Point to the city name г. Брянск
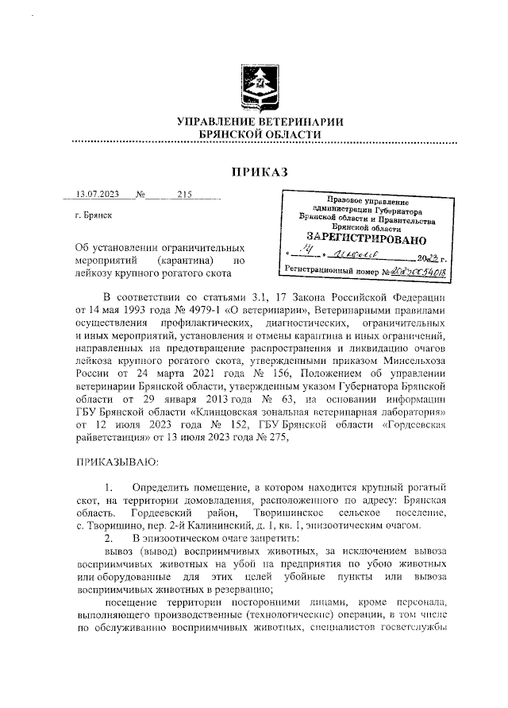coord(92,215)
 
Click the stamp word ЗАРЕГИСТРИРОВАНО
coord(367,238)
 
